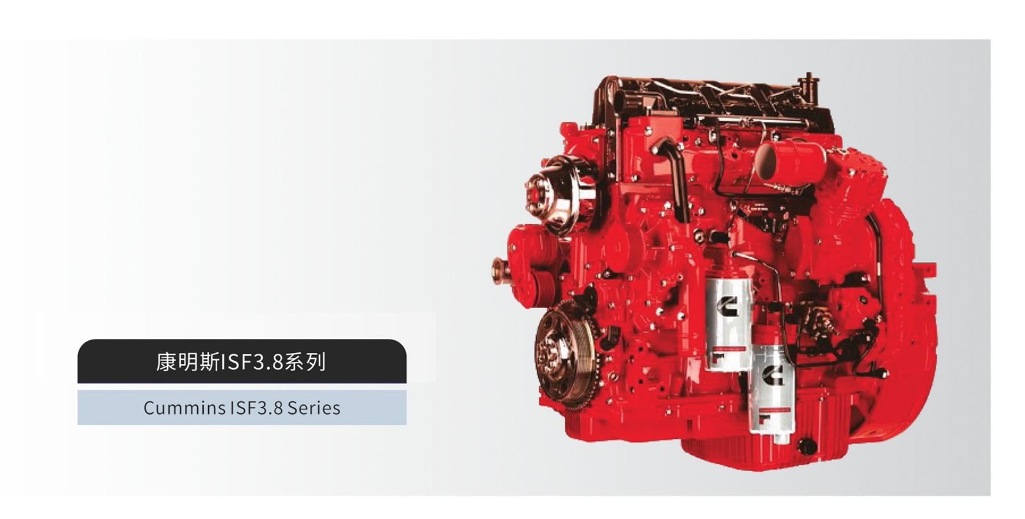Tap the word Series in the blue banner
(x=313, y=408)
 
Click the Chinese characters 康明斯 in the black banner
(x=188, y=361)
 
